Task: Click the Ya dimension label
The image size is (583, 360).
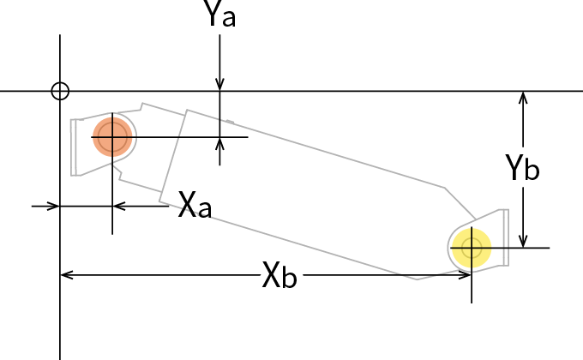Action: (x=219, y=15)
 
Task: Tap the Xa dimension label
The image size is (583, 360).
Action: (x=195, y=205)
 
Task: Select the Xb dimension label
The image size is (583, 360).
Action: (x=279, y=276)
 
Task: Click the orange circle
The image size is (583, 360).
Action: (x=112, y=136)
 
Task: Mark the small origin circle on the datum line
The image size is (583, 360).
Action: (x=59, y=91)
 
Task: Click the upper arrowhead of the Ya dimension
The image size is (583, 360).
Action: (x=220, y=84)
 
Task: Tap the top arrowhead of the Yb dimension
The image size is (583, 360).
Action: (x=523, y=98)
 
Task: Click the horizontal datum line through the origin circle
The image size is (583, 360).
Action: (x=343, y=91)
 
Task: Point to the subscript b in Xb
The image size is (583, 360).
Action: (x=289, y=279)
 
